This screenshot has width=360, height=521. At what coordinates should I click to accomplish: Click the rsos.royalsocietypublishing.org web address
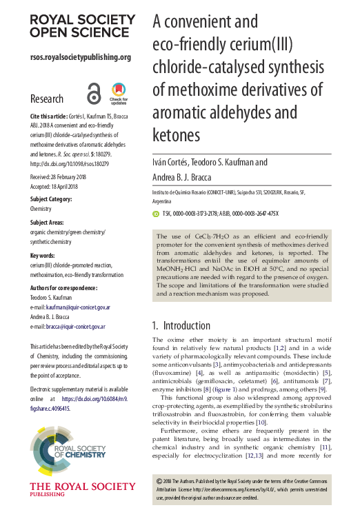pos(81,57)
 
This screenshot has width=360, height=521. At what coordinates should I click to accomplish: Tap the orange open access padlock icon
pos(94,92)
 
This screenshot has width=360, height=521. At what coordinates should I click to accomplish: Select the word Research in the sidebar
pos(47,99)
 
